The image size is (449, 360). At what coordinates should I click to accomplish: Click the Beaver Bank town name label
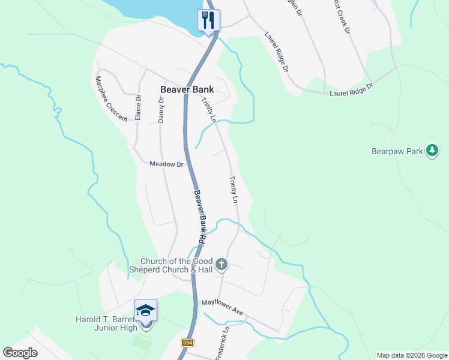coord(187,89)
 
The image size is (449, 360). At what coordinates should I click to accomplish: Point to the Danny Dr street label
coord(161,110)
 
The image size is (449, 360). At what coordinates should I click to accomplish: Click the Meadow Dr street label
coord(166,164)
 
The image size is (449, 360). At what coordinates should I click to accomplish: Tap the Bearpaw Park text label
coord(397,152)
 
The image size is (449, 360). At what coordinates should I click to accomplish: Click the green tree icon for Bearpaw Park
coord(432,151)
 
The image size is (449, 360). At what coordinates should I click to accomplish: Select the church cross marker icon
coord(221,264)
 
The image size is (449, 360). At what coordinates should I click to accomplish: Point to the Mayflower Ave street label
coord(222,308)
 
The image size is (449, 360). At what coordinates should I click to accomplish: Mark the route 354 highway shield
coord(187,343)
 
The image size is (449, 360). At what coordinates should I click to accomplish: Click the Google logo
coord(20,353)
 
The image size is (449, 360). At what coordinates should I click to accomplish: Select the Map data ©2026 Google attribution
coord(411,355)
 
